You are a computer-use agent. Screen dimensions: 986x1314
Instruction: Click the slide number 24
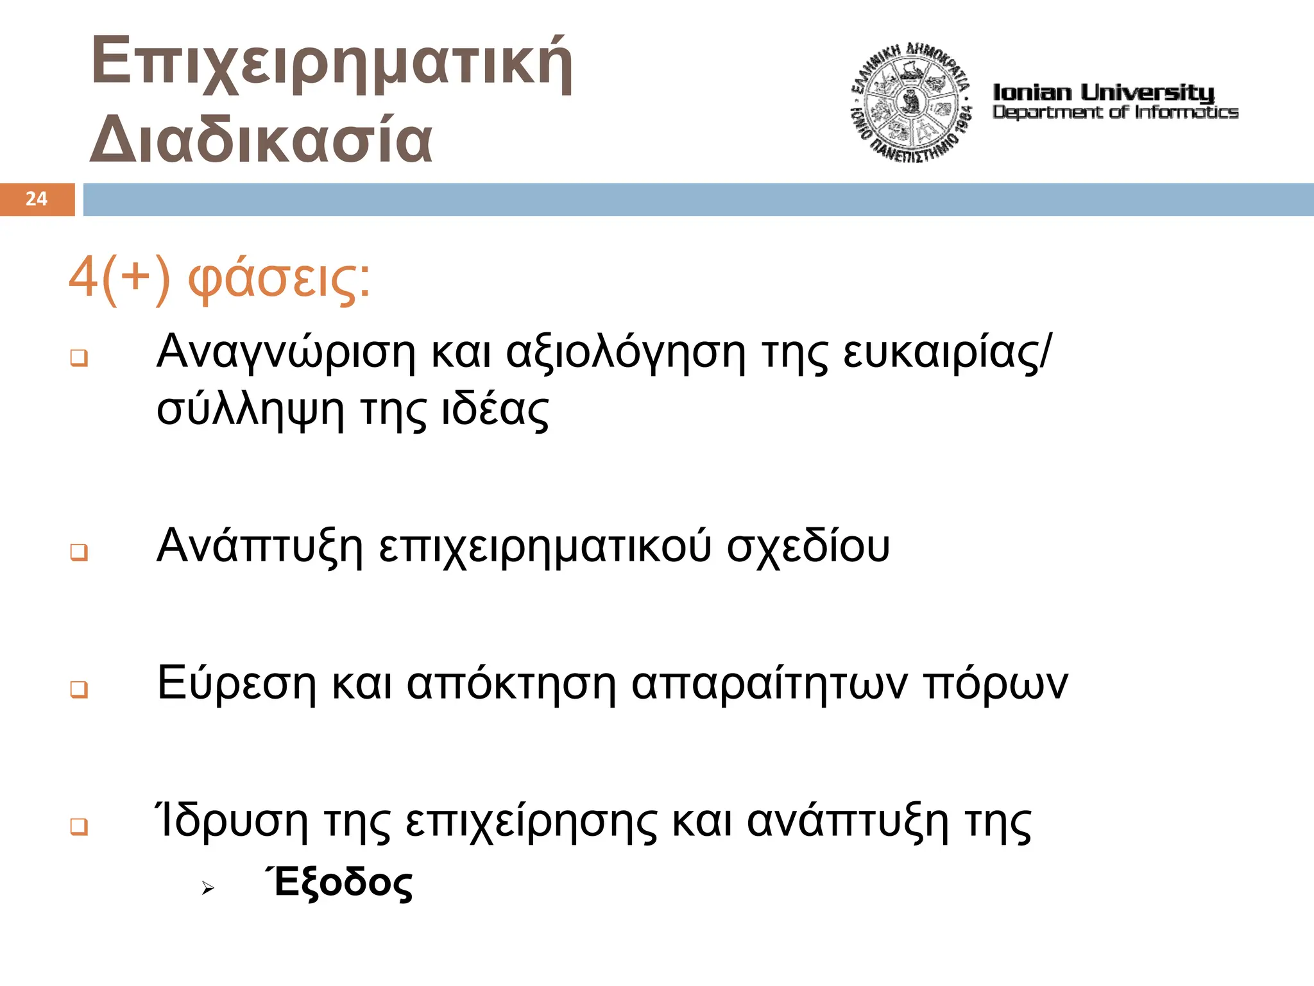click(x=37, y=199)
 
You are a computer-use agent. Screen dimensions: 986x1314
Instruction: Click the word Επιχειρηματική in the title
click(x=332, y=63)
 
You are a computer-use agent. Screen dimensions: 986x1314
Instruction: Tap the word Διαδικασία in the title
click(x=261, y=139)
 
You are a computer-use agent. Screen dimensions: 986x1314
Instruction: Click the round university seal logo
click(x=911, y=103)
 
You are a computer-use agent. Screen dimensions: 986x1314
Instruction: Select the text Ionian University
click(x=1103, y=92)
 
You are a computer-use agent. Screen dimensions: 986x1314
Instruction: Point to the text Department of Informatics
click(x=1115, y=112)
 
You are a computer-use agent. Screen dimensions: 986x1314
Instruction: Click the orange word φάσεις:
click(x=278, y=280)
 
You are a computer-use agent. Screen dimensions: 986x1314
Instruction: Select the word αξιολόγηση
click(x=626, y=353)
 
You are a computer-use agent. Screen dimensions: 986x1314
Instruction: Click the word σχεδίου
click(x=808, y=547)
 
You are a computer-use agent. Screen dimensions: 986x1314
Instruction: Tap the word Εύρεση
click(x=236, y=683)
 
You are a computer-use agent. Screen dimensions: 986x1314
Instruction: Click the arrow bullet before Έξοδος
click(x=207, y=888)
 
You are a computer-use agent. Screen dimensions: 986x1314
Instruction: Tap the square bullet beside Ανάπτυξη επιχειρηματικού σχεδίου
click(x=79, y=552)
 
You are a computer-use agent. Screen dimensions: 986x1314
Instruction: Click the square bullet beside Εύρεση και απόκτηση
click(x=79, y=689)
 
